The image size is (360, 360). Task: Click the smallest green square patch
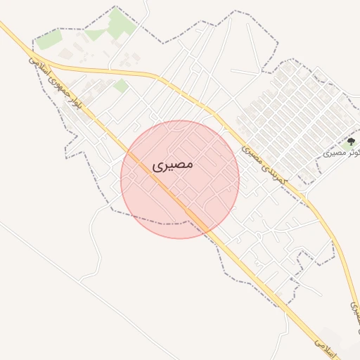pos(121,86)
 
